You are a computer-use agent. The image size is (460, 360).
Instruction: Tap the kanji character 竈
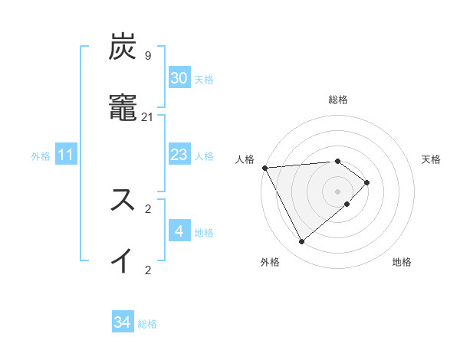coord(124,109)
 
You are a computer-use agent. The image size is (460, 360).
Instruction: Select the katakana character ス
coord(124,200)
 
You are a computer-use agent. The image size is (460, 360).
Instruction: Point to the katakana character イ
coord(124,260)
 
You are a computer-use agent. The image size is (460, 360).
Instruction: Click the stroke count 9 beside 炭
coord(147,56)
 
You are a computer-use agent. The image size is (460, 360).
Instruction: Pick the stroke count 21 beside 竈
coord(148,116)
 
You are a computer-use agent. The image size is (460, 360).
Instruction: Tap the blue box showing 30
coord(179,78)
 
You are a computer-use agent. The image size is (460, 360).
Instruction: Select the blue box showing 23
coord(179,155)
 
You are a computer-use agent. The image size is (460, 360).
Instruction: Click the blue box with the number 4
coord(179,231)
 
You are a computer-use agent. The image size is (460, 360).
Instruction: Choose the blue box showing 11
coord(66,155)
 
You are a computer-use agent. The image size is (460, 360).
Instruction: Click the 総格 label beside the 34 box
coord(147,324)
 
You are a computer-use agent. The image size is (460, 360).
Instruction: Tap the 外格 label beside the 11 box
coord(41,156)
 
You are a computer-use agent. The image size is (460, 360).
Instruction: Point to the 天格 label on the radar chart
coord(431,159)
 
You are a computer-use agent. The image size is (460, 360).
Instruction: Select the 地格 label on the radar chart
coord(402,263)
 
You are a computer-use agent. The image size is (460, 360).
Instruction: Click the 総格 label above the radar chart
coord(337,100)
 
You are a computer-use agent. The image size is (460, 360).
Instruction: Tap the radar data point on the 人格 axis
coord(264,167)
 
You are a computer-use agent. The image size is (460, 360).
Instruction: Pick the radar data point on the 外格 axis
coord(301,242)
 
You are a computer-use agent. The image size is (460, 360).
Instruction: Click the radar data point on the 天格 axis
coord(367,182)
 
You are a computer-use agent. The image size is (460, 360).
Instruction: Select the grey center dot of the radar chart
coord(337,191)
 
